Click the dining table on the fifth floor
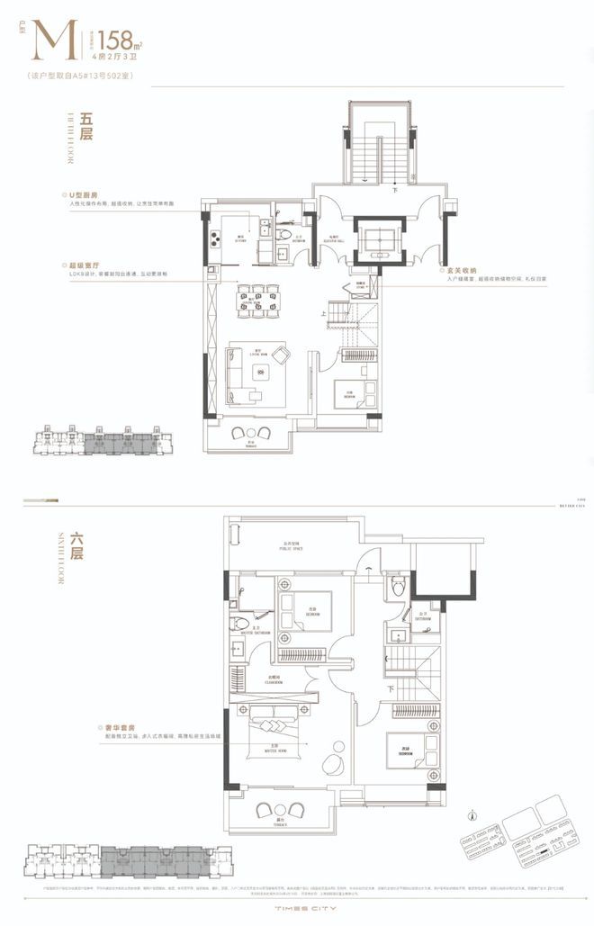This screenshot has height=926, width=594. pos(257,300)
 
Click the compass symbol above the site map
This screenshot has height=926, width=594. pos(472,818)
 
